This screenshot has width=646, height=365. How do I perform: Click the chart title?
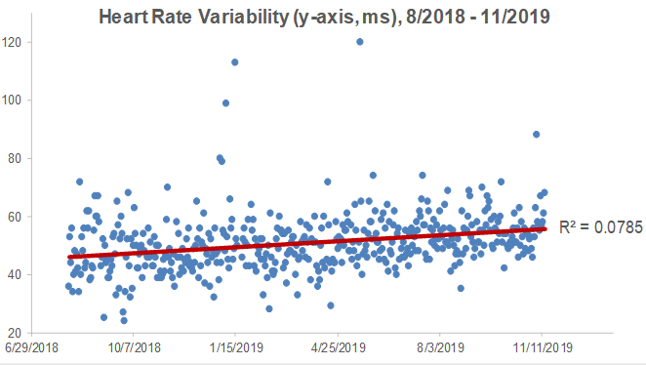[x=324, y=17]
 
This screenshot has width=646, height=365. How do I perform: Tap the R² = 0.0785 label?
[x=600, y=227]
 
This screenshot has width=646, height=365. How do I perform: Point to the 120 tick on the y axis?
[x=12, y=42]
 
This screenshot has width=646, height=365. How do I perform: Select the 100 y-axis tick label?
[x=12, y=101]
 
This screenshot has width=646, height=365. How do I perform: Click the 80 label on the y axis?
[x=15, y=158]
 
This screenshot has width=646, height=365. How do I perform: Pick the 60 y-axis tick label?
[x=15, y=217]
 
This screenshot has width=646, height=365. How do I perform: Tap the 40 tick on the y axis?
[x=15, y=274]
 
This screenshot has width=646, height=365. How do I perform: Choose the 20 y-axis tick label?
[x=15, y=333]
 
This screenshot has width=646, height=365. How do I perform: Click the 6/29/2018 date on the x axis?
[x=32, y=347]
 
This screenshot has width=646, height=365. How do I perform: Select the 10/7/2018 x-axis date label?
[x=134, y=347]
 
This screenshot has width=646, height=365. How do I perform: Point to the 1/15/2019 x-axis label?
[x=236, y=347]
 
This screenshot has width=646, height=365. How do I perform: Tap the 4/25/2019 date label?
[x=339, y=347]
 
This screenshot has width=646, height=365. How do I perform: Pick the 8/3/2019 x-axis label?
[x=440, y=347]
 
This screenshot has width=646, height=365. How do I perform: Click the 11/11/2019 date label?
[x=543, y=347]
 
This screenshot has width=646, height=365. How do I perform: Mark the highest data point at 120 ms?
[x=360, y=42]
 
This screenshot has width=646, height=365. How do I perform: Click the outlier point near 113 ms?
[x=235, y=62]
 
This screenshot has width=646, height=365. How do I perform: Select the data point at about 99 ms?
[x=225, y=103]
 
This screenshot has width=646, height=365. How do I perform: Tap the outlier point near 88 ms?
[x=536, y=135]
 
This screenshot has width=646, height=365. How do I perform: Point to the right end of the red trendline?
[x=545, y=228]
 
